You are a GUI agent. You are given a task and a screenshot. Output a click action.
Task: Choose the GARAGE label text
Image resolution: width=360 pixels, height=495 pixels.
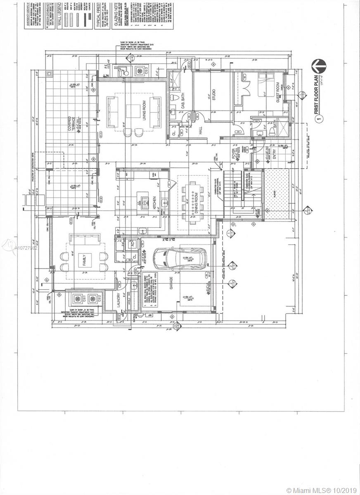[171, 290]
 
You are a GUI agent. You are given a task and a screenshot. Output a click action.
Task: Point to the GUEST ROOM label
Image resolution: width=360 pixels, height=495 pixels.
[278, 93]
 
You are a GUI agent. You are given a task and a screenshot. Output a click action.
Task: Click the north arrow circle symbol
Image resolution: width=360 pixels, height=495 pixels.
[319, 66]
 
